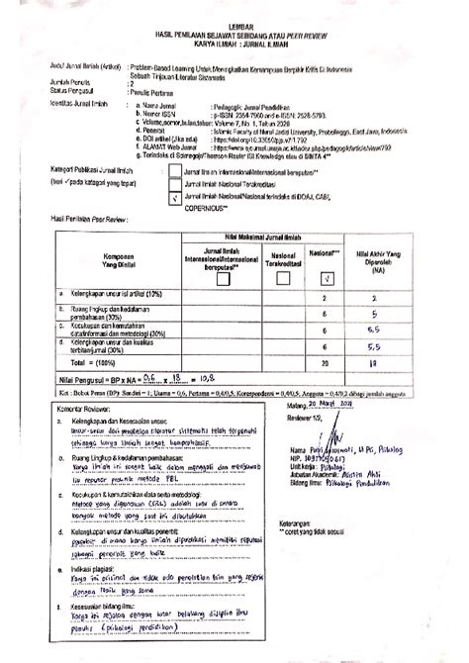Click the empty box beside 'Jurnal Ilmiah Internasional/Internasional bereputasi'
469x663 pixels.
tap(174, 170)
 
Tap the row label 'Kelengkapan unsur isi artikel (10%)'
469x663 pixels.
tap(109, 295)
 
